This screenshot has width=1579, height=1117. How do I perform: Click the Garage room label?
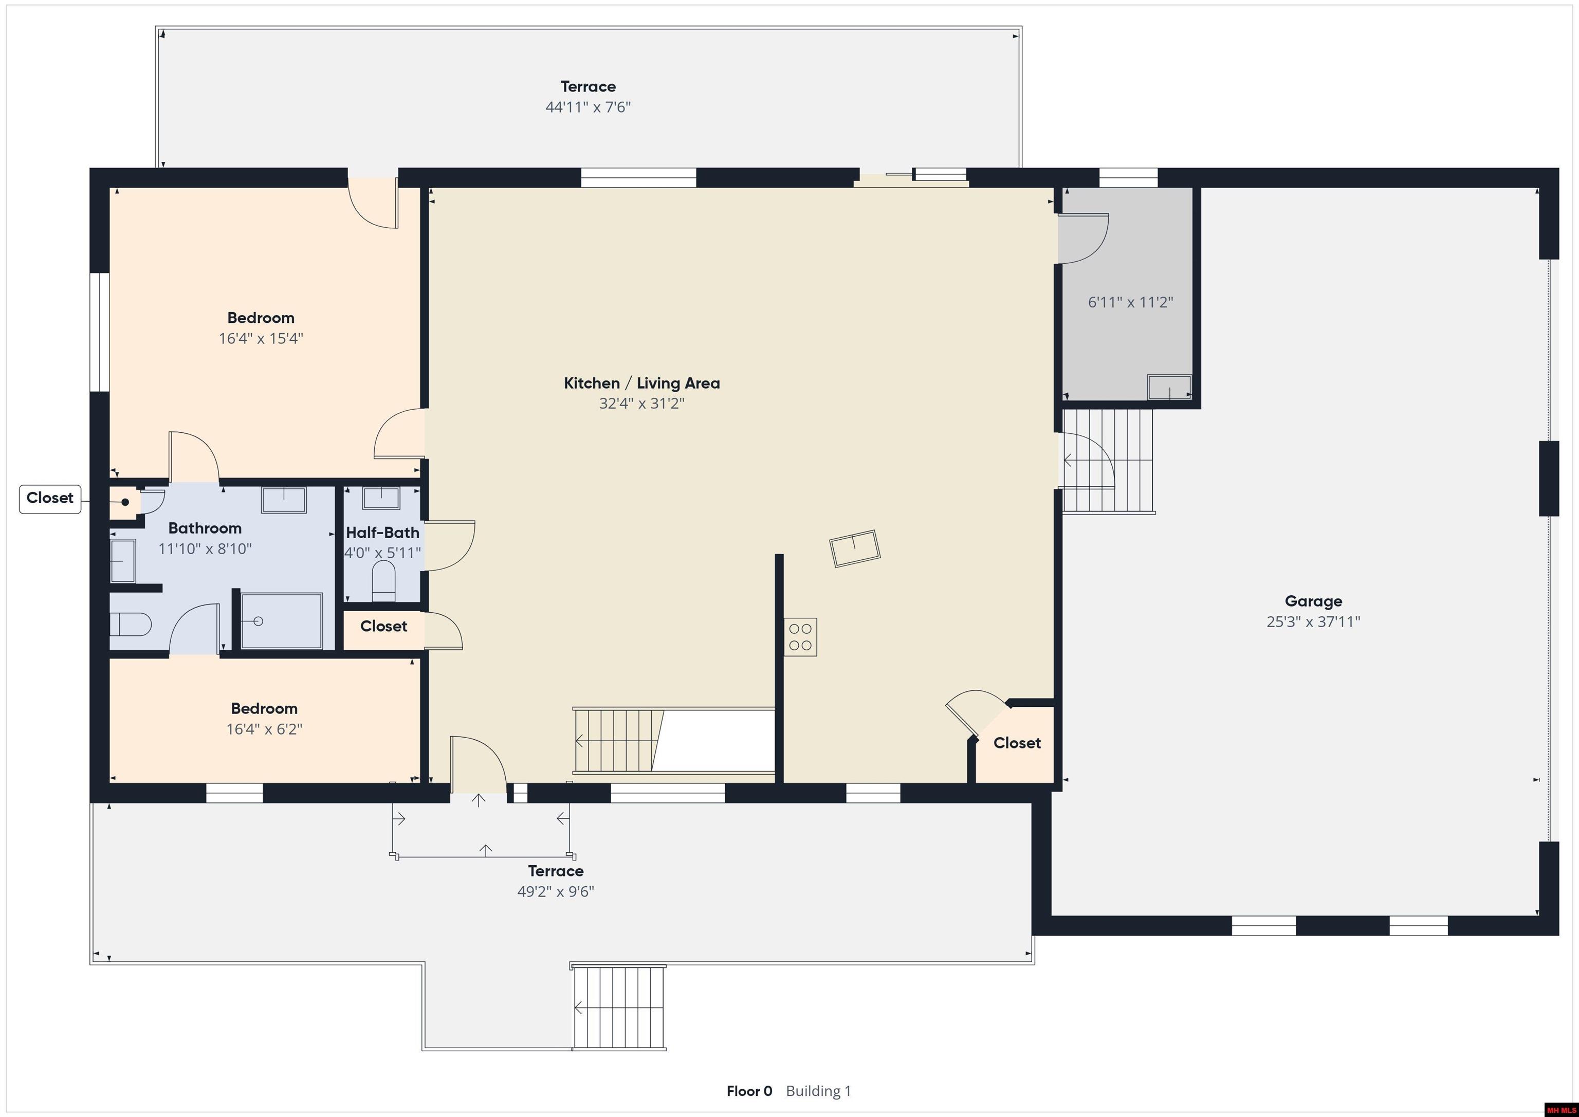pyautogui.click(x=1313, y=601)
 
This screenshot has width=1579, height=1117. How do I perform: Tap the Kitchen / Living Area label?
pyautogui.click(x=641, y=383)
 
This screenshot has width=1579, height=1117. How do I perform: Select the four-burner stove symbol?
pyautogui.click(x=800, y=637)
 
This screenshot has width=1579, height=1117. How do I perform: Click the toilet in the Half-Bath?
pyautogui.click(x=383, y=582)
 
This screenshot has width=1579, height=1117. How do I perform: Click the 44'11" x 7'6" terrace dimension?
pyautogui.click(x=588, y=107)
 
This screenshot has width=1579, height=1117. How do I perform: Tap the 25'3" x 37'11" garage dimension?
pyautogui.click(x=1313, y=622)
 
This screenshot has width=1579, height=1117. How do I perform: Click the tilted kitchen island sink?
pyautogui.click(x=855, y=548)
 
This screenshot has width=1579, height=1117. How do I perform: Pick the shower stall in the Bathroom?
pyautogui.click(x=281, y=621)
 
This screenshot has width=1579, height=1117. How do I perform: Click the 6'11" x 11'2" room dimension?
pyautogui.click(x=1130, y=302)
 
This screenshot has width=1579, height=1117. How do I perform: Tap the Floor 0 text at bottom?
pyautogui.click(x=749, y=1091)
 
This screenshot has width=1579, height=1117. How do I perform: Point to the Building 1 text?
pyautogui.click(x=818, y=1091)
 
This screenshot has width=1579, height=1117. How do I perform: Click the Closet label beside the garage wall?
pyautogui.click(x=1017, y=743)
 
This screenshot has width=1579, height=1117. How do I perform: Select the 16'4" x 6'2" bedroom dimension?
pyautogui.click(x=264, y=729)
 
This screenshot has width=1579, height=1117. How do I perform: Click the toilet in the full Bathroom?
pyautogui.click(x=130, y=625)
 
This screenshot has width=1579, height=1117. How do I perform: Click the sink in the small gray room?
pyautogui.click(x=1169, y=387)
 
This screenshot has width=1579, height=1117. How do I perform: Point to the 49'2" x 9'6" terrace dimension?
pyautogui.click(x=556, y=892)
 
